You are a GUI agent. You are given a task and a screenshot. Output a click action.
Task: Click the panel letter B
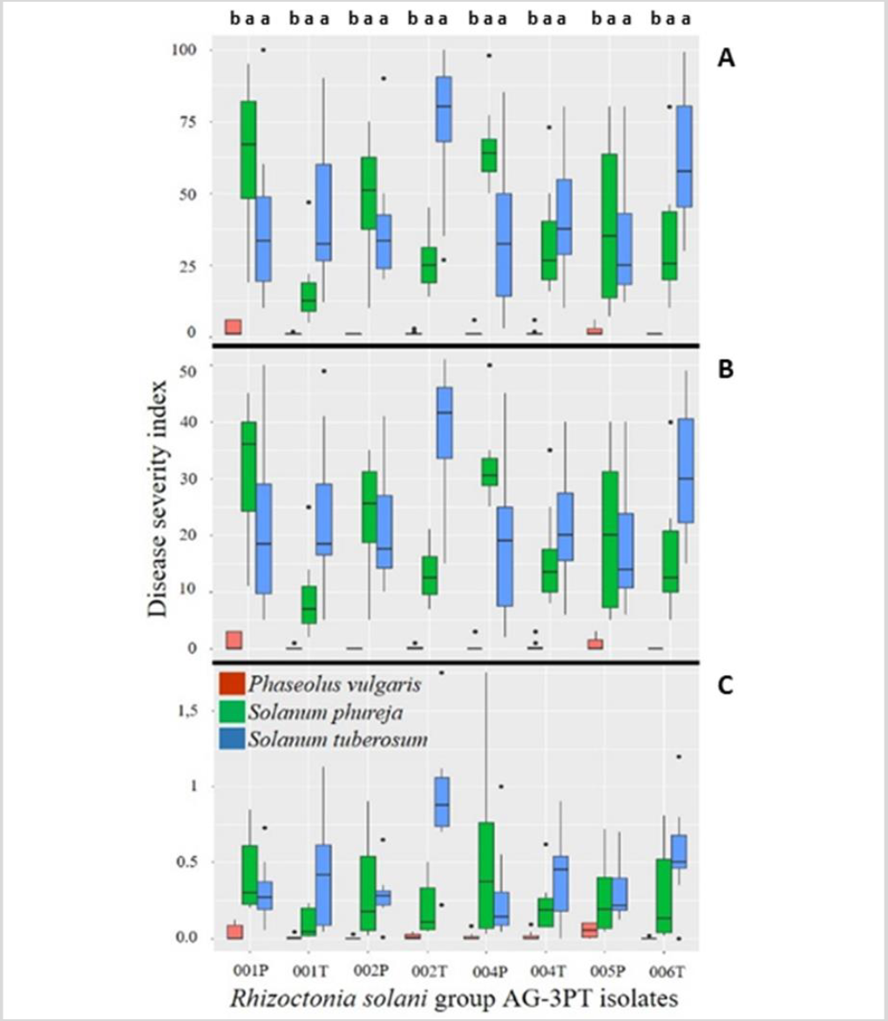pyautogui.click(x=725, y=366)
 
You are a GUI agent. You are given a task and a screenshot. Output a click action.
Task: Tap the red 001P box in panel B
pyautogui.click(x=233, y=640)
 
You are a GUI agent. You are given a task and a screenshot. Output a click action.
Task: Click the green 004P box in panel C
pyautogui.click(x=486, y=876)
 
